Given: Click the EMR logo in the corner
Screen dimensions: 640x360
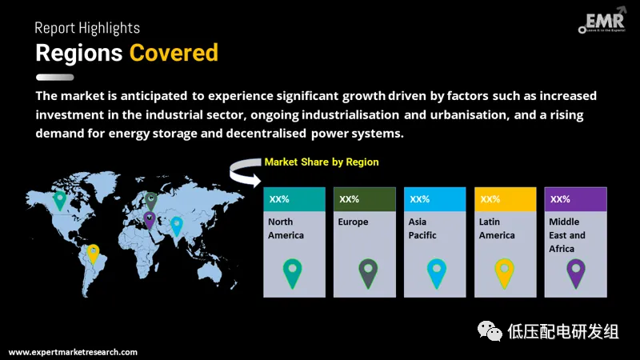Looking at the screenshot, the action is click(602, 21).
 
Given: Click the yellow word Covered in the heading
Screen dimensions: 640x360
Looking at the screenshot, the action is click(174, 53).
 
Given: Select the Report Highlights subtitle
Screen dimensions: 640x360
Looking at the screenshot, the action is click(87, 28).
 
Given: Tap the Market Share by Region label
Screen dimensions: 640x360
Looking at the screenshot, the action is click(322, 162).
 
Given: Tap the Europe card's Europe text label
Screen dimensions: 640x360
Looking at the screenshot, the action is click(353, 222).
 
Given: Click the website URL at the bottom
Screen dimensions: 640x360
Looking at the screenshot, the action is click(73, 352).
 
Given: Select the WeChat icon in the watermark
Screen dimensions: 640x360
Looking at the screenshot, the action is click(490, 331).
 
